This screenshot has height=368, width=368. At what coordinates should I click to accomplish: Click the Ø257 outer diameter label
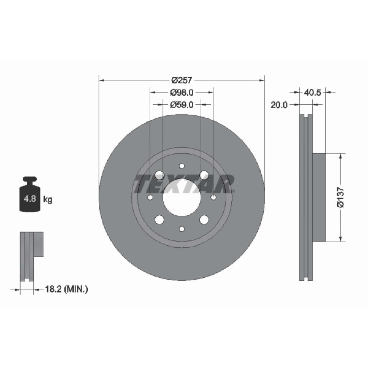coord(181,80)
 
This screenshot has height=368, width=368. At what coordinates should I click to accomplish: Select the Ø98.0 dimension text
coord(182,93)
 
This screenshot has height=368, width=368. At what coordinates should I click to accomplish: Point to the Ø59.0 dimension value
coord(182,105)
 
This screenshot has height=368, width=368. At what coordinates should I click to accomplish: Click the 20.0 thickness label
coord(279,105)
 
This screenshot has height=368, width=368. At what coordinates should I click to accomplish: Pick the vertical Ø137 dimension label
coord(340,197)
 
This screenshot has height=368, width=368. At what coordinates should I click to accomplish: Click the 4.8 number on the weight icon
coord(30,199)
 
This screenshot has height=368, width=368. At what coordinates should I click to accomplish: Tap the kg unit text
coord(48,200)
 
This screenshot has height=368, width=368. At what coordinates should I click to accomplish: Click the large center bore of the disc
coord(182,197)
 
